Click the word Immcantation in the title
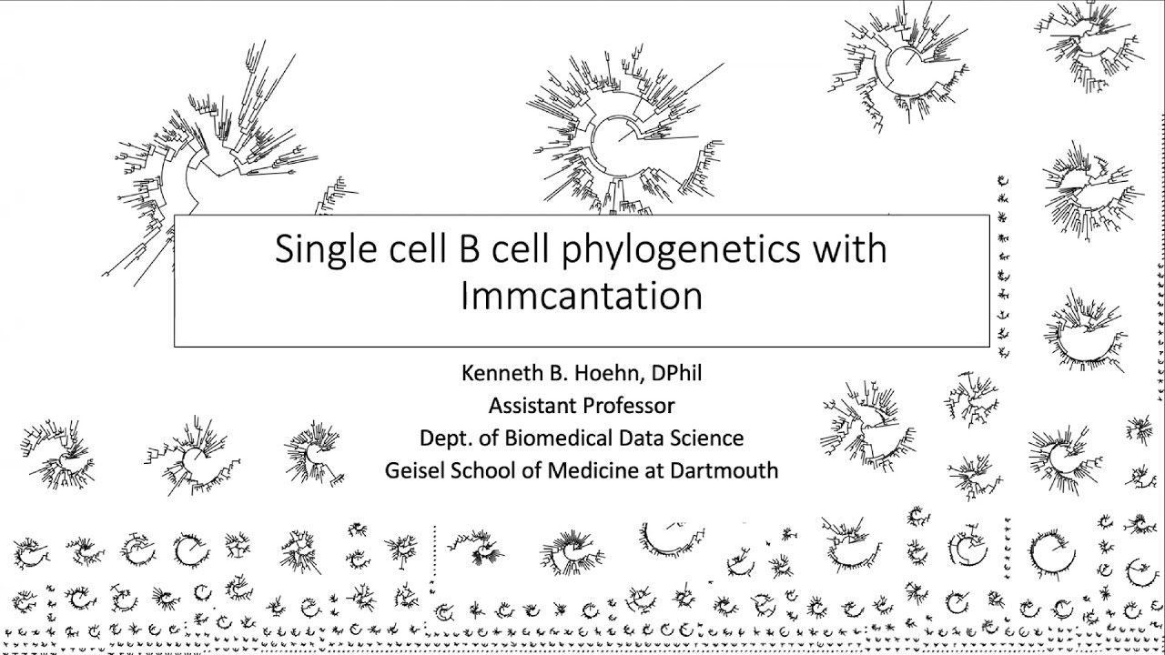[582, 297]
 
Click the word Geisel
[414, 470]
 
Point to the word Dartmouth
[724, 470]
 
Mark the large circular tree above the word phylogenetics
[619, 136]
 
